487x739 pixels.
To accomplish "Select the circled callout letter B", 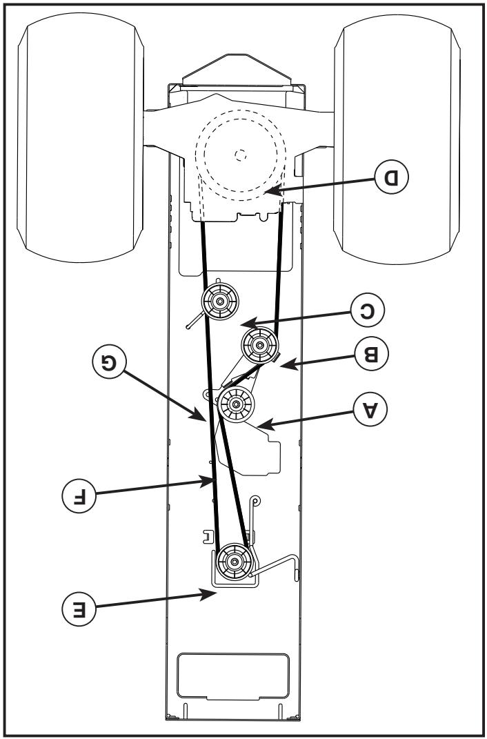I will pos(370,354).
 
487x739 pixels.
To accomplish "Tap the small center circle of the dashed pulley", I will pos(240,155).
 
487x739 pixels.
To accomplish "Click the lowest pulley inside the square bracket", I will pos(235,562).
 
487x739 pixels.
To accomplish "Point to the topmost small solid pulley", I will pos(219,301).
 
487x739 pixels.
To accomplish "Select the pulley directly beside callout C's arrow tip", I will pos(259,344).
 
